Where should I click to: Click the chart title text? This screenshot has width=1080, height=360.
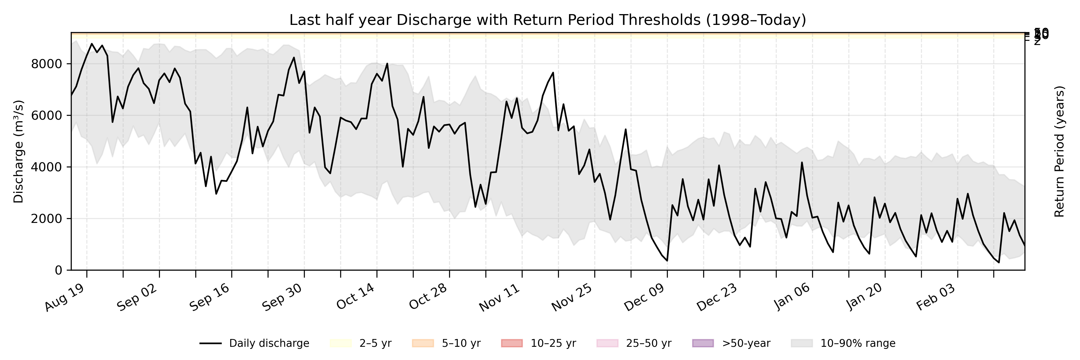(x=547, y=20)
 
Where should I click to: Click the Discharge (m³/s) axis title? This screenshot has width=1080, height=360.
(x=18, y=151)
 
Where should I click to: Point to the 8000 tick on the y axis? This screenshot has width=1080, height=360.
(x=46, y=64)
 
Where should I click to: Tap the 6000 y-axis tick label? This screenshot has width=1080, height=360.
(x=46, y=116)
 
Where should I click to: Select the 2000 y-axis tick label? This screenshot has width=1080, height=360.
(x=46, y=219)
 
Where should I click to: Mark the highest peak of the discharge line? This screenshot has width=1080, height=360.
(x=92, y=43)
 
